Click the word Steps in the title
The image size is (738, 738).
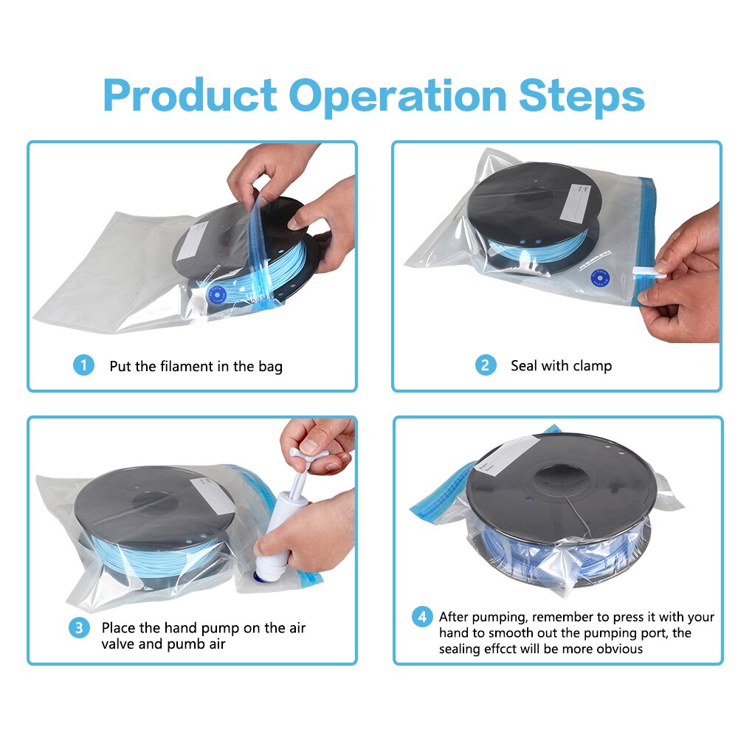(x=581, y=95)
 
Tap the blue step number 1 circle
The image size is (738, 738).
(x=83, y=365)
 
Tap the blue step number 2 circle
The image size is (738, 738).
(x=485, y=365)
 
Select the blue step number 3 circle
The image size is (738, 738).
(x=79, y=629)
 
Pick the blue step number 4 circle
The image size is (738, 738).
(x=421, y=617)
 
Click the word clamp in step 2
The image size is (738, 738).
(x=592, y=365)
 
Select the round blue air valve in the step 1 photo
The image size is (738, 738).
(x=219, y=292)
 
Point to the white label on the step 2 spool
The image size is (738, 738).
(x=579, y=201)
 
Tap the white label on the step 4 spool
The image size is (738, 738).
(x=509, y=452)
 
